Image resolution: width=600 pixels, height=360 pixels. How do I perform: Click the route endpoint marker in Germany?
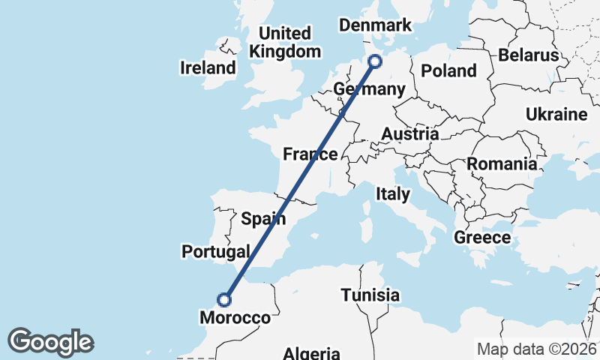click(x=375, y=61)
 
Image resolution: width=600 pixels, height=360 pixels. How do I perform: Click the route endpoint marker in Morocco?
click(x=223, y=299)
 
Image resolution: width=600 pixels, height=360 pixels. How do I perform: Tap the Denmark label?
click(x=375, y=25)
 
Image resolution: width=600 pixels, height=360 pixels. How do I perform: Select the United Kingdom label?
click(x=284, y=43)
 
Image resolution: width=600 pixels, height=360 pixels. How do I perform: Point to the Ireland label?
click(x=208, y=68)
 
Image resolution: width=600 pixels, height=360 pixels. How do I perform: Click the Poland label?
click(x=448, y=70)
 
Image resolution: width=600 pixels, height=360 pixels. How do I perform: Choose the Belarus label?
click(x=528, y=55)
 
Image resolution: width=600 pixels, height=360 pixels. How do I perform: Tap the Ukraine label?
click(x=556, y=115)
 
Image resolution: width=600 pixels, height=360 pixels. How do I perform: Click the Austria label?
click(x=409, y=134)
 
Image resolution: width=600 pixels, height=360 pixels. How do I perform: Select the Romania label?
click(x=502, y=163)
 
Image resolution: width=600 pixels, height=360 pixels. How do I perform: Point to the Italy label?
click(x=393, y=194)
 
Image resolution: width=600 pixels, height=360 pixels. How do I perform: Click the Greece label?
click(x=482, y=238)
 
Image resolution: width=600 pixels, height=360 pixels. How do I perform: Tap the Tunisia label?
click(x=370, y=295)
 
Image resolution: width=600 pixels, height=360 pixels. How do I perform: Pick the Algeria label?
click(x=312, y=352)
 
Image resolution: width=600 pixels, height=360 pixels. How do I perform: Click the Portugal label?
click(x=215, y=251)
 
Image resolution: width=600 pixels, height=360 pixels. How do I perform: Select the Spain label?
click(x=263, y=219)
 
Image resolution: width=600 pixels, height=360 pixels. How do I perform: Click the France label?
click(x=310, y=154)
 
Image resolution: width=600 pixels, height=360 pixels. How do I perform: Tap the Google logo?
click(x=50, y=342)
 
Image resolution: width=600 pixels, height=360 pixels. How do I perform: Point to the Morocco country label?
click(x=235, y=318)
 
